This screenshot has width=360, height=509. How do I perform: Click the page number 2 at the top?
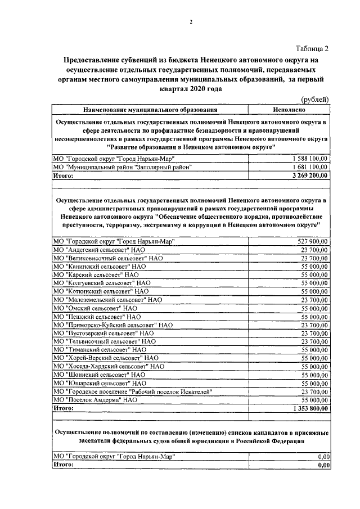click(191, 22)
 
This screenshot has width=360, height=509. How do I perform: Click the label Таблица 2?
click(312, 49)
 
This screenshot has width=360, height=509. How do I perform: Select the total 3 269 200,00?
click(308, 175)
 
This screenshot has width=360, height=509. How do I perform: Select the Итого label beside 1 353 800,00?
click(63, 408)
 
